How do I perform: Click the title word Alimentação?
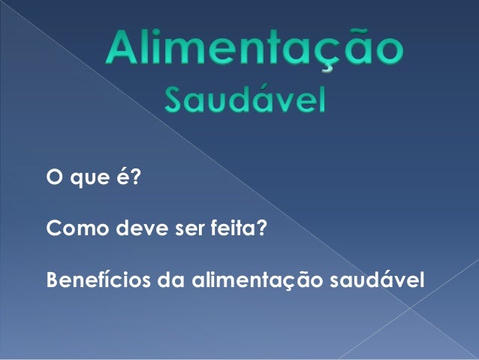(255, 50)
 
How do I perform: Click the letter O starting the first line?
(53, 180)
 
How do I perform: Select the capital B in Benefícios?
(53, 280)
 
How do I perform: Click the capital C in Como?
(53, 230)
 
